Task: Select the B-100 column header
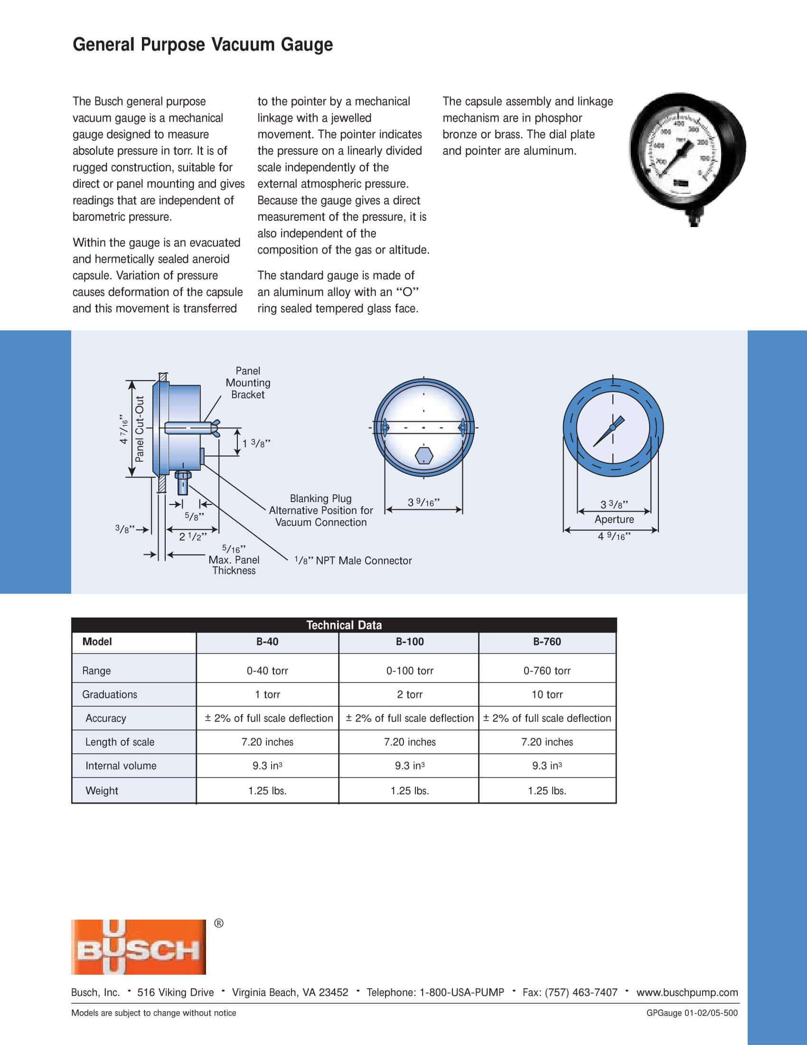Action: pyautogui.click(x=410, y=642)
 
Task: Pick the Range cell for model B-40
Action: pyautogui.click(x=267, y=670)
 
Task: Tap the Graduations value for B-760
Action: pyautogui.click(x=547, y=694)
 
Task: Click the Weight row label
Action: pyautogui.click(x=102, y=790)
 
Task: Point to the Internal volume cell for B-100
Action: pyautogui.click(x=410, y=766)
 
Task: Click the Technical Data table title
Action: pyautogui.click(x=344, y=625)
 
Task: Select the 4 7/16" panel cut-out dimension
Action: pyautogui.click(x=124, y=429)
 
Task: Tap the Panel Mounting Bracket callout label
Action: pyautogui.click(x=248, y=383)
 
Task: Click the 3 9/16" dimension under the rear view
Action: pyautogui.click(x=423, y=503)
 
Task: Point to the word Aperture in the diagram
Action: pyautogui.click(x=614, y=519)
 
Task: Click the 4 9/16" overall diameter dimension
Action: pyautogui.click(x=614, y=536)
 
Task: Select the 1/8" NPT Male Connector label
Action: pyautogui.click(x=353, y=560)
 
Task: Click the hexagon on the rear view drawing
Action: pyautogui.click(x=424, y=456)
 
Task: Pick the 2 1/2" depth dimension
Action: pyautogui.click(x=193, y=536)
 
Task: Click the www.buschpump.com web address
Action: pyautogui.click(x=687, y=992)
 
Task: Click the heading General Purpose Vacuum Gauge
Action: pyautogui.click(x=203, y=45)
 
